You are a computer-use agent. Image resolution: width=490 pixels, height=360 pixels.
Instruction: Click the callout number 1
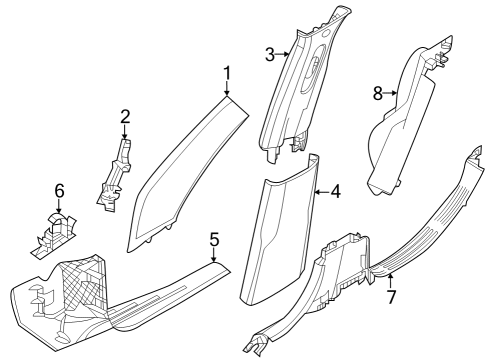tap(226, 72)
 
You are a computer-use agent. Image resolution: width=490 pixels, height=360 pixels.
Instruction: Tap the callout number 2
tap(125, 116)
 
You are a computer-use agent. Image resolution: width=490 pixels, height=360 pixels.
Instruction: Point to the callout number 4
tap(335, 190)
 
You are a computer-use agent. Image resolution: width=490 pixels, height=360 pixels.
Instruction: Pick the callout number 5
tap(213, 239)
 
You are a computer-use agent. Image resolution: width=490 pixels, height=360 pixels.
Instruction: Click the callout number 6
tap(59, 188)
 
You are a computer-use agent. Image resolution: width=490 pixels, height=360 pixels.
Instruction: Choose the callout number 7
tap(391, 298)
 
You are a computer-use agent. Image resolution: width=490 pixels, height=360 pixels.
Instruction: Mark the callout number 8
tap(378, 94)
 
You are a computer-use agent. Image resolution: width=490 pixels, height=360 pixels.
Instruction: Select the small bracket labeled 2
tap(116, 175)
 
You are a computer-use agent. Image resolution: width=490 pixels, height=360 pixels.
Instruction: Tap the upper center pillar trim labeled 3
tap(300, 90)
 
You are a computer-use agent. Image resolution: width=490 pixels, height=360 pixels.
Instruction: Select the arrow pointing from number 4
tap(320, 190)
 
